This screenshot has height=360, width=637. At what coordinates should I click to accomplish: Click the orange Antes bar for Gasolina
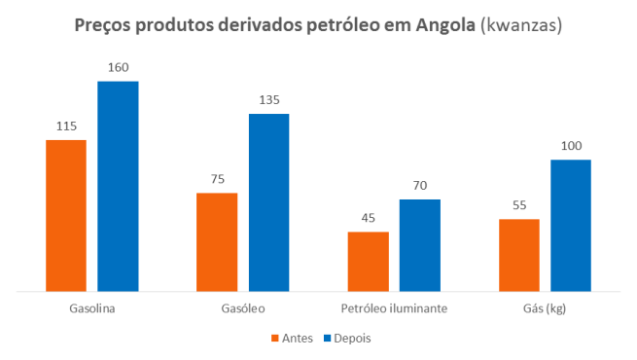tap(66, 215)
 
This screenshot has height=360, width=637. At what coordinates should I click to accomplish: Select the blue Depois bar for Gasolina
tap(118, 186)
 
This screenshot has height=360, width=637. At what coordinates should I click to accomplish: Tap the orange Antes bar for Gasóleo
tap(217, 241)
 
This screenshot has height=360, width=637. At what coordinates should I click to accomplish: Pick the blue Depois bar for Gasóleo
tap(268, 202)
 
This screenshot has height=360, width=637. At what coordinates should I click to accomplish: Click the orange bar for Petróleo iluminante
tap(369, 261)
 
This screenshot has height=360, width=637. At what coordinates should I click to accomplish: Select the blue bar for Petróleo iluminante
tap(420, 245)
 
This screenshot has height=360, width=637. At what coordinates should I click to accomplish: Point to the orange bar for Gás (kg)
tap(519, 255)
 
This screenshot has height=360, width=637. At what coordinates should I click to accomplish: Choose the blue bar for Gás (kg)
tap(571, 225)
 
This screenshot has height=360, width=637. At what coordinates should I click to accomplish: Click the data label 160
tap(118, 67)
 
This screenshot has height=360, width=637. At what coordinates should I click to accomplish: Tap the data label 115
tap(66, 126)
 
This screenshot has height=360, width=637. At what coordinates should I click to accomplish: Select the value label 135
tap(268, 99)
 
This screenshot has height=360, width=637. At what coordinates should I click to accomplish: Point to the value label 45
tap(369, 217)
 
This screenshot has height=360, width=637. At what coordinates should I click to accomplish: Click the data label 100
tap(571, 146)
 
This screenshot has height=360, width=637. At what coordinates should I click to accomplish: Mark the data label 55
tap(519, 205)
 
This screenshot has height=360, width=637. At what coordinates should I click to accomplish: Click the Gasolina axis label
tap(92, 308)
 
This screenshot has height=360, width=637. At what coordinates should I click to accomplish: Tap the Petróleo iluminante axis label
tap(394, 308)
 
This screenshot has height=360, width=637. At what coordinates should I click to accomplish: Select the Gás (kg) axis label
tap(545, 308)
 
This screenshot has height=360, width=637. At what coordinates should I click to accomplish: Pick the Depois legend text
tap(351, 339)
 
